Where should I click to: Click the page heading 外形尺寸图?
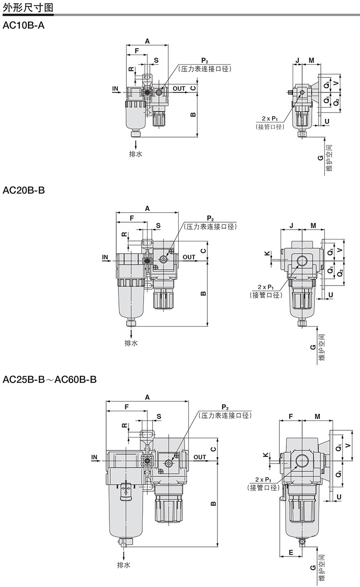pyautogui.click(x=28, y=7)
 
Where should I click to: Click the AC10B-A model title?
pyautogui.click(x=24, y=26)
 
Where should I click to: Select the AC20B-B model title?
pyautogui.click(x=24, y=190)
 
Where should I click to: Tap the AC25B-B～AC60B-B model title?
pyautogui.click(x=50, y=379)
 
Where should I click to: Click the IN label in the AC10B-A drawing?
pyautogui.click(x=115, y=89)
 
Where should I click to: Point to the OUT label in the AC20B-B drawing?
pyautogui.click(x=189, y=257)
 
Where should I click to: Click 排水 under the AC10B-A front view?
pyautogui.click(x=135, y=154)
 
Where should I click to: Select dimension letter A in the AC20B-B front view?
pyautogui.click(x=147, y=208)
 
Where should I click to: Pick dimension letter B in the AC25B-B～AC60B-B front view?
pyautogui.click(x=213, y=503)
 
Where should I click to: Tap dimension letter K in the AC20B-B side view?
pyautogui.click(x=267, y=253)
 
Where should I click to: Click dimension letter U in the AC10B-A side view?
pyautogui.click(x=327, y=121)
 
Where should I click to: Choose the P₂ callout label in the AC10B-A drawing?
pyautogui.click(x=205, y=61)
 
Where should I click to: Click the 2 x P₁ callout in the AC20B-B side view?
pyautogui.click(x=266, y=287)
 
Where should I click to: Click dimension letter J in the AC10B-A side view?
pyautogui.click(x=297, y=61)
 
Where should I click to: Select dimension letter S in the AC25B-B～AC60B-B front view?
pyautogui.click(x=159, y=416)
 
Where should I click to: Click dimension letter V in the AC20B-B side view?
pyautogui.click(x=340, y=250)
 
